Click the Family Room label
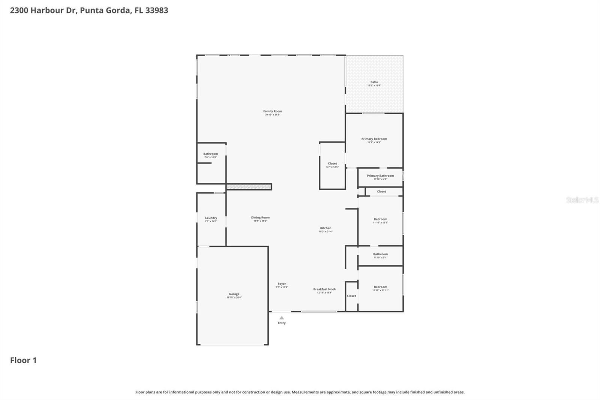point(272,111)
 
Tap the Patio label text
point(374,82)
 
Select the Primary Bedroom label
point(374,139)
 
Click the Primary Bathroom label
point(380,176)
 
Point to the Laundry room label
point(211,218)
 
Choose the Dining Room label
point(260,218)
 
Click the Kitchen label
point(325,228)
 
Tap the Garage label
point(234,294)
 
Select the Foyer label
point(282,284)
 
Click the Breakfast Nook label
point(324,289)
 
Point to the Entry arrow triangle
point(282,318)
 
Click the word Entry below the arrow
point(282,323)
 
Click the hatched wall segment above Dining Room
point(249,186)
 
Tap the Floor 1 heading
point(23,360)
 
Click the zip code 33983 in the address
point(156,10)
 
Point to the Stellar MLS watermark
point(582,200)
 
